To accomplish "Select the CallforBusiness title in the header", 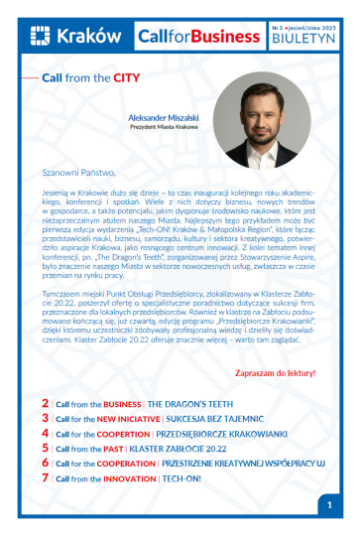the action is (x=197, y=37).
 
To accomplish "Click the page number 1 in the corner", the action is (x=328, y=504).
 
